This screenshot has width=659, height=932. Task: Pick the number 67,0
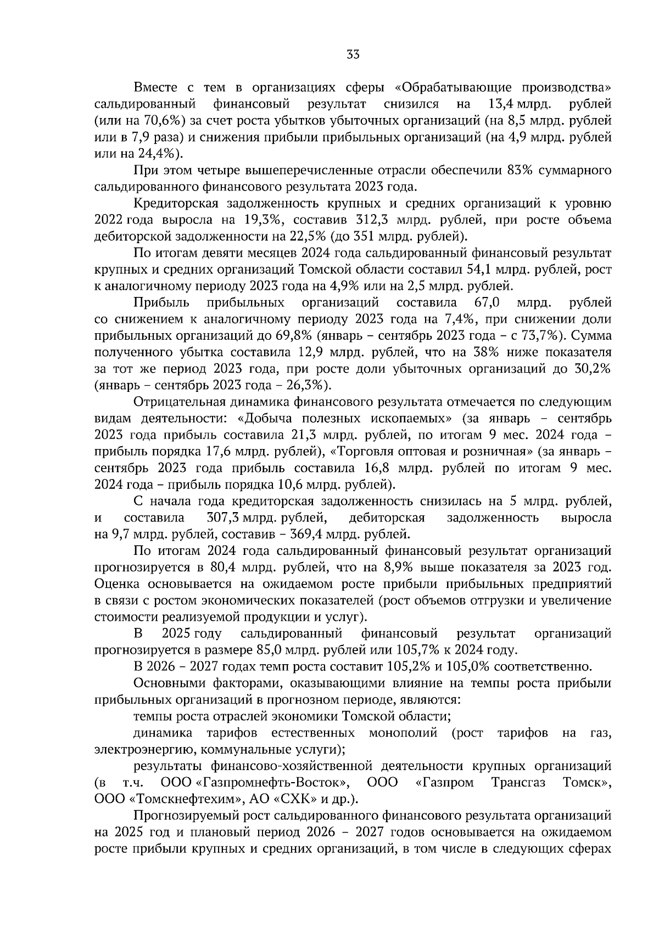click(x=485, y=302)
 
